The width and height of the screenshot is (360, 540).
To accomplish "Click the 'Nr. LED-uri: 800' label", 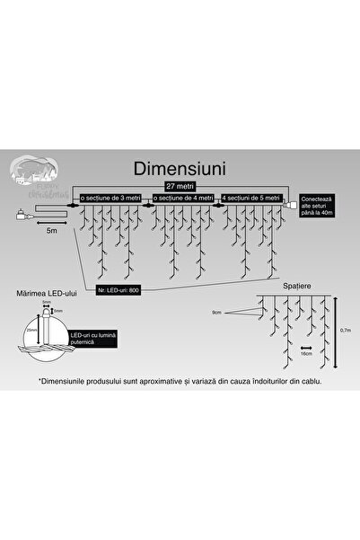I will tap(120, 289).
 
